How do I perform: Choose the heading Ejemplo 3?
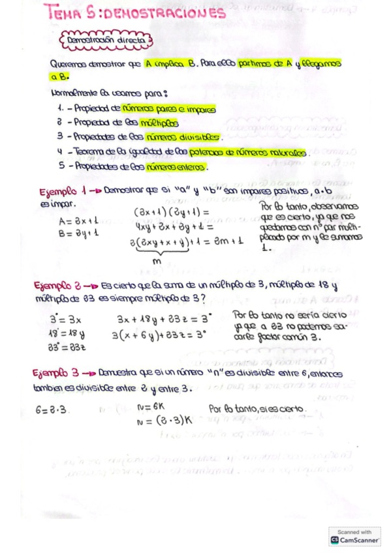point(61,373)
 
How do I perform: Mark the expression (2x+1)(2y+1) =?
point(171,213)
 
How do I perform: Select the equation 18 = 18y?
point(67,333)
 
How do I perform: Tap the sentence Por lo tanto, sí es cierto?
point(257,408)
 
